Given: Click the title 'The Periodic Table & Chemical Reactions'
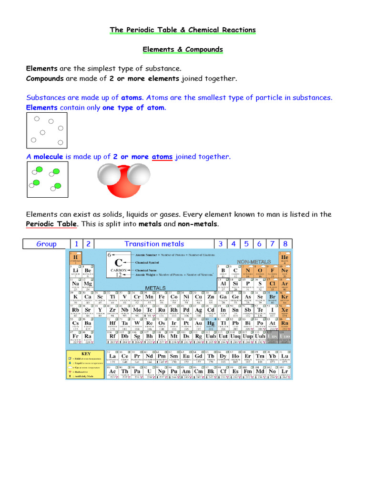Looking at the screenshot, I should (x=183, y=30).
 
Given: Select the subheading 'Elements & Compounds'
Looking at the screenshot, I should (x=183, y=50).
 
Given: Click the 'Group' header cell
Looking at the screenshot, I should (x=46, y=244).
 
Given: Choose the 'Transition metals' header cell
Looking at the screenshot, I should (x=154, y=244).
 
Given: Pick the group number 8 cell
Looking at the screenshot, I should (x=285, y=244).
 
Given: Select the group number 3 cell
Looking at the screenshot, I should (x=221, y=244).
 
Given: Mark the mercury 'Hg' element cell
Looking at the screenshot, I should (x=211, y=324).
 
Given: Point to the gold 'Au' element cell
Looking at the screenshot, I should (x=198, y=324).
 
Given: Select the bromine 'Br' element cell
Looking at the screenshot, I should (x=273, y=298).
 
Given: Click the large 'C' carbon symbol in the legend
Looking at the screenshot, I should (x=119, y=263).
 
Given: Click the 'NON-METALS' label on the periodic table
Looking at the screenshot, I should (x=254, y=262).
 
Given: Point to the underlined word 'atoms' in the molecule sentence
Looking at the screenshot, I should (x=162, y=157).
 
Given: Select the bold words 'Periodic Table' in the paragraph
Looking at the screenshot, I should (x=51, y=224).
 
